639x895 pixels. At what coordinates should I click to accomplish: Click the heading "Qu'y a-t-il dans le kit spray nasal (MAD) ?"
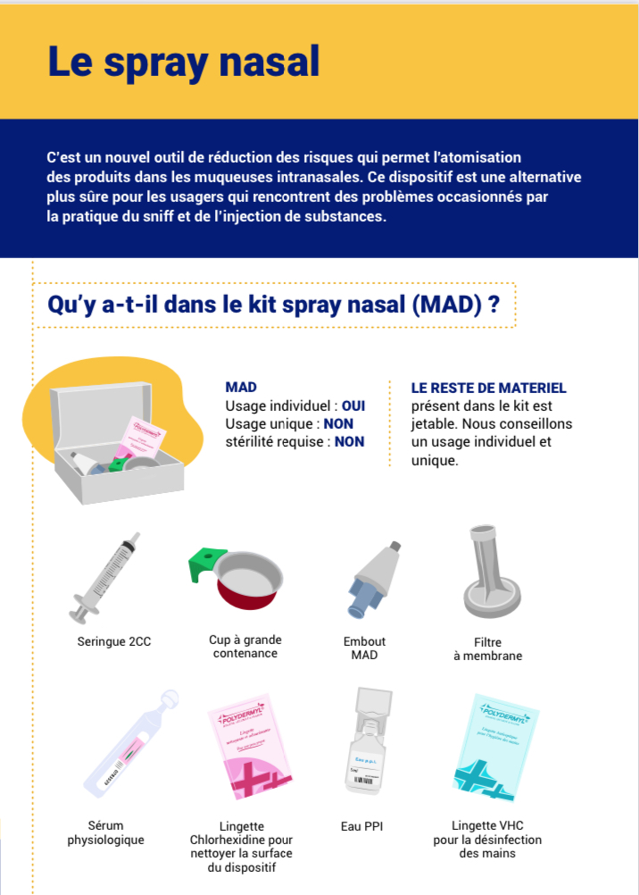(x=273, y=305)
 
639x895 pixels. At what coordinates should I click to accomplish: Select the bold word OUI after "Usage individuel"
(x=353, y=406)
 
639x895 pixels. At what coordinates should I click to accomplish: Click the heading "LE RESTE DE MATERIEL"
(x=488, y=388)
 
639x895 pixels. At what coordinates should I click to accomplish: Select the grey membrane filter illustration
(x=487, y=571)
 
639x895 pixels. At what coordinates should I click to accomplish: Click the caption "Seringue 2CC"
(x=114, y=641)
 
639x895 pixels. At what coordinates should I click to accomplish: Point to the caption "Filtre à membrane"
(x=487, y=648)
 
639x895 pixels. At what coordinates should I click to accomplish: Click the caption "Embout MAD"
(x=364, y=648)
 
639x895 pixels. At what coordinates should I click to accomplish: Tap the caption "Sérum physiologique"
(x=105, y=833)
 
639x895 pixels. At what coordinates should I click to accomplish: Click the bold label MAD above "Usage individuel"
(x=241, y=388)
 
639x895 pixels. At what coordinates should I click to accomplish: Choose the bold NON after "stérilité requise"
(x=349, y=441)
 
